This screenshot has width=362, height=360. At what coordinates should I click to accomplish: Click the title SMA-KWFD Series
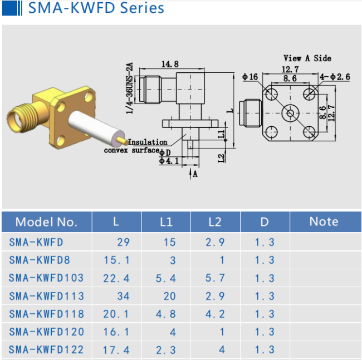click(96, 8)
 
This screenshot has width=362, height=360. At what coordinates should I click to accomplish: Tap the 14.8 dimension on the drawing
click(170, 64)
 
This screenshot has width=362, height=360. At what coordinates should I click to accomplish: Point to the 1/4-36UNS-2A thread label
click(130, 88)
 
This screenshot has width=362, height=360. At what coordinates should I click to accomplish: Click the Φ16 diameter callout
click(250, 77)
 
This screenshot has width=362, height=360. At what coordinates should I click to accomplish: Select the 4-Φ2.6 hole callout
click(335, 77)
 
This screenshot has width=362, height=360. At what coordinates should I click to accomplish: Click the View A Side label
click(307, 58)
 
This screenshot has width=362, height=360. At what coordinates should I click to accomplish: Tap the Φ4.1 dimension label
click(169, 161)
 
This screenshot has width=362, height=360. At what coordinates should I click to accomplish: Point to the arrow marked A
click(190, 174)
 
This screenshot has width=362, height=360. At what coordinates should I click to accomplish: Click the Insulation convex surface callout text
click(136, 146)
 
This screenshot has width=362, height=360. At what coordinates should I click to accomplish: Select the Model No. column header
click(46, 222)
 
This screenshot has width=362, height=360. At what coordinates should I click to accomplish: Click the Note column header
click(324, 221)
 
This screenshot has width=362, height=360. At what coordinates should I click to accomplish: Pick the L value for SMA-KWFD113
click(123, 296)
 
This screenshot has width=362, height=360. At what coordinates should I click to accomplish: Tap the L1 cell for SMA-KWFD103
click(166, 278)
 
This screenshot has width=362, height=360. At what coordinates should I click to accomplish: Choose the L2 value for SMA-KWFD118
click(215, 314)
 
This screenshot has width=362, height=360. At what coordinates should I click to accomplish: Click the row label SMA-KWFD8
click(40, 260)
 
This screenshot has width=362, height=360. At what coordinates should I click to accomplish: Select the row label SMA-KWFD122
click(46, 350)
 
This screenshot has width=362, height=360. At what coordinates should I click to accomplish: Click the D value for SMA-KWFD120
click(265, 332)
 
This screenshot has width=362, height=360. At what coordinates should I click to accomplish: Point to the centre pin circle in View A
click(290, 114)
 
